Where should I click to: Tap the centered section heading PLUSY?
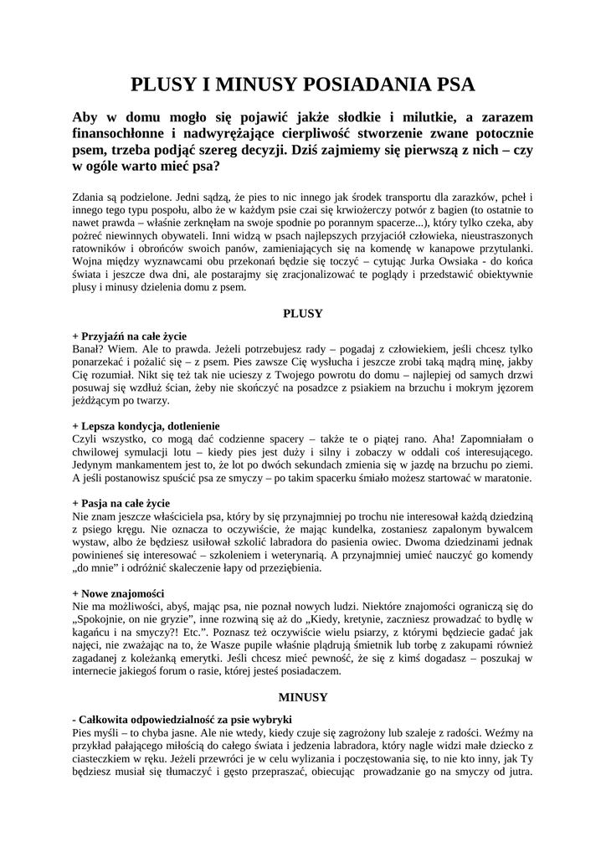[x=302, y=314]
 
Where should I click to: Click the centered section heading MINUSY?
[x=302, y=696]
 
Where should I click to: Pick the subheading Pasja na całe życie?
[x=121, y=503]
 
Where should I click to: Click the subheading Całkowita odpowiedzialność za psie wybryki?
[x=182, y=718]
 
